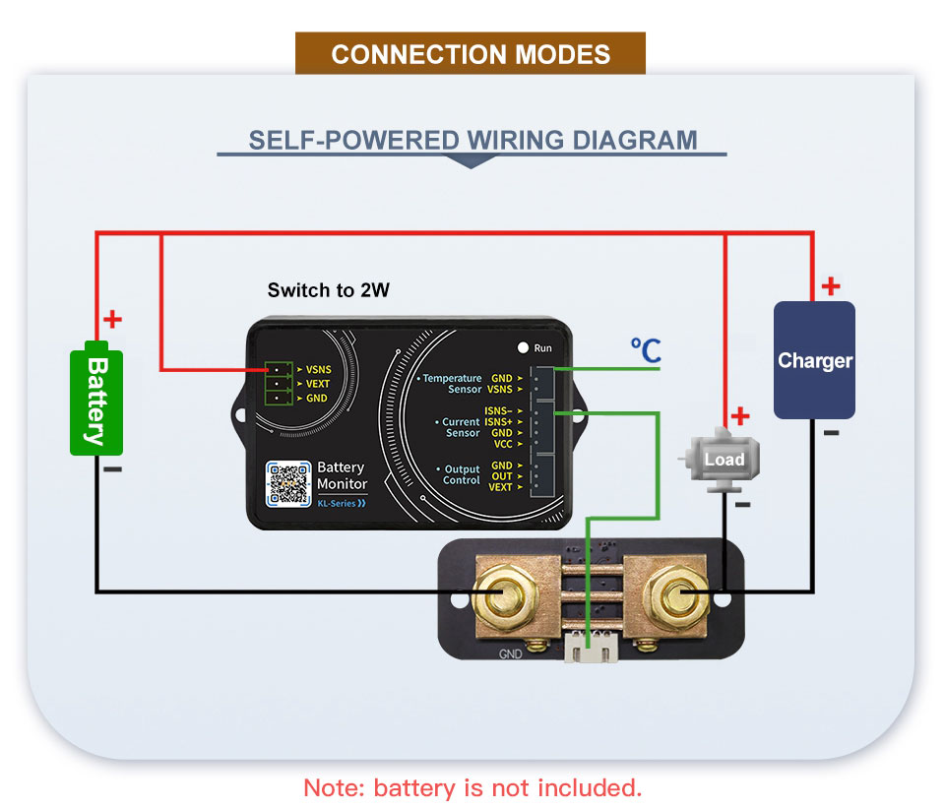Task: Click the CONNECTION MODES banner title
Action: (x=471, y=54)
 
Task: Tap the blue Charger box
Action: (x=814, y=360)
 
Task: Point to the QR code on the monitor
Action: (x=288, y=483)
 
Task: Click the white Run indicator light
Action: (x=524, y=347)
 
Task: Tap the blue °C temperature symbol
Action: (x=646, y=351)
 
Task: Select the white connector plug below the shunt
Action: (x=591, y=650)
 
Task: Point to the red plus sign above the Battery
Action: (x=112, y=320)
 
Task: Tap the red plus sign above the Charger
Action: (x=831, y=286)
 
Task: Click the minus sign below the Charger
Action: (x=831, y=432)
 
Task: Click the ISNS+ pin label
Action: (x=497, y=421)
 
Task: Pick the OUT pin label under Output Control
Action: (x=501, y=476)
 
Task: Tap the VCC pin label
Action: (x=501, y=444)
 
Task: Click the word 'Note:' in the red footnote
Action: (x=335, y=788)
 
